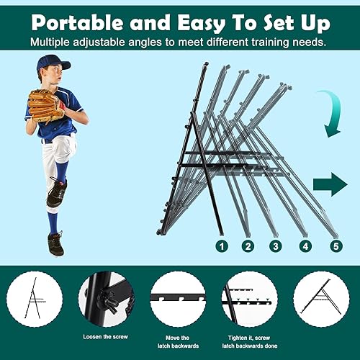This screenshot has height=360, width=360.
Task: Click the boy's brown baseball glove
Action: [x=45, y=106]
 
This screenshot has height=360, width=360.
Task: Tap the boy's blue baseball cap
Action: [x=53, y=63]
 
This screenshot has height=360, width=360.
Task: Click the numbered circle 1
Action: [x=222, y=246]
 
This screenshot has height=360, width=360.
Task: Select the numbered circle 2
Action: [x=248, y=246]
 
